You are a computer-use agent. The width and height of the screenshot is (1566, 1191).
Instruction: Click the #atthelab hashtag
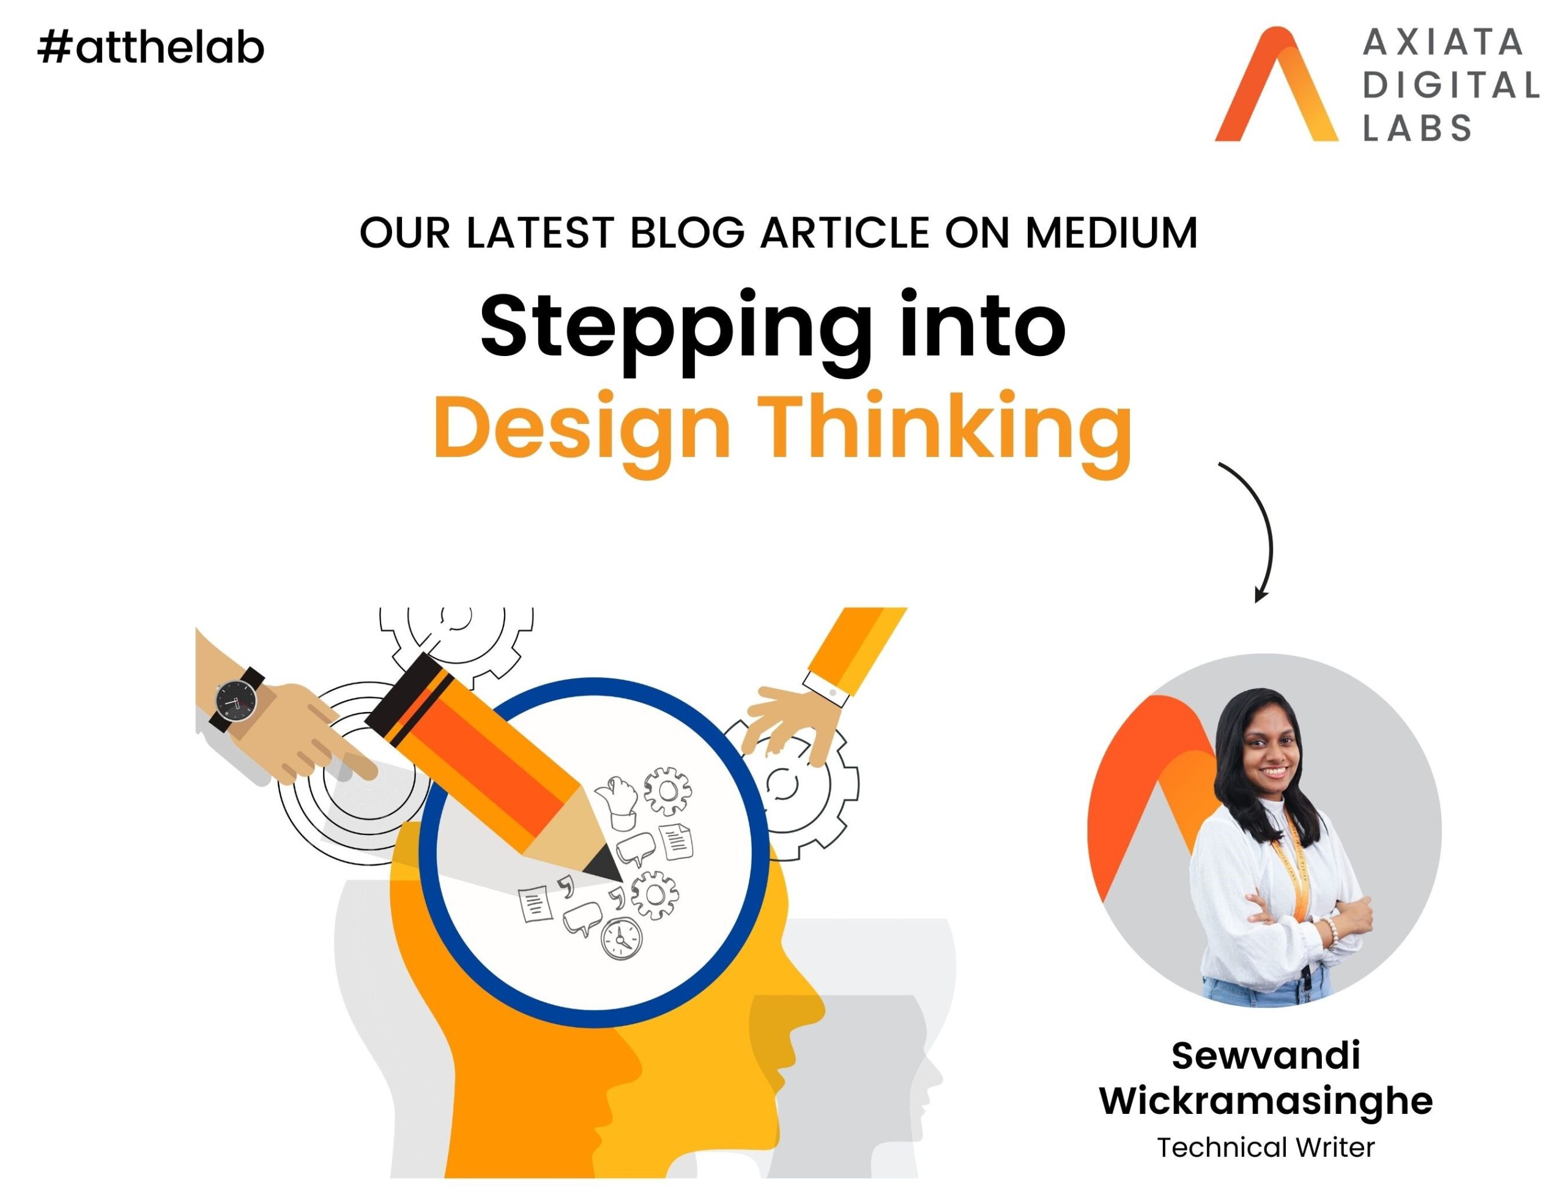(151, 48)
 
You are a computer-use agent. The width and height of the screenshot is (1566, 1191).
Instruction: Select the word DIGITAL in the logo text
(1450, 86)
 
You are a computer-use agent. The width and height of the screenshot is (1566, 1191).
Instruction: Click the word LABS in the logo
(1418, 128)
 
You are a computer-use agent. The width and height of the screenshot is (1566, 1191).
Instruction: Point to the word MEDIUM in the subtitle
(1111, 232)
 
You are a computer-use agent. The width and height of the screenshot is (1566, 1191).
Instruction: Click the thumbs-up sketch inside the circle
(617, 802)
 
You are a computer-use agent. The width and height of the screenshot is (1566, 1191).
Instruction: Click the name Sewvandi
(1266, 1056)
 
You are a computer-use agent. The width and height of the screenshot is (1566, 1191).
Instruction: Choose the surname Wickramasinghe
(1266, 1101)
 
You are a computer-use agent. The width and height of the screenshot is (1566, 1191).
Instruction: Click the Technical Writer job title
(1266, 1147)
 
